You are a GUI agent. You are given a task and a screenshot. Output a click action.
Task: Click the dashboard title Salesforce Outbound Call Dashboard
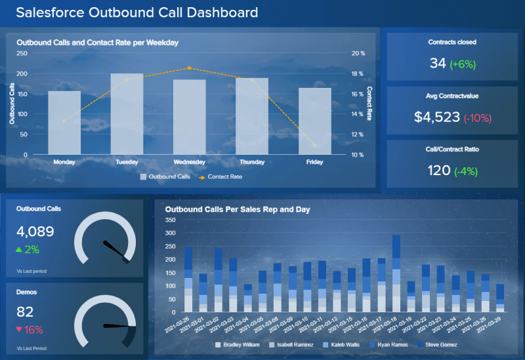click(x=136, y=12)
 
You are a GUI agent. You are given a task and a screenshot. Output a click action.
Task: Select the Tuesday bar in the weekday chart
click(x=127, y=114)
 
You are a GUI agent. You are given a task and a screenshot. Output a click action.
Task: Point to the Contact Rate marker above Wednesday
click(x=190, y=68)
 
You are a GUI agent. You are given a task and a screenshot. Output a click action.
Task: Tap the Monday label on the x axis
click(x=64, y=161)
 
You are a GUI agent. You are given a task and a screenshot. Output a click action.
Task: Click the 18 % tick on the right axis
click(x=358, y=73)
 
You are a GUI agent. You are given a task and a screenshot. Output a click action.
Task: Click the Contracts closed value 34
click(x=438, y=63)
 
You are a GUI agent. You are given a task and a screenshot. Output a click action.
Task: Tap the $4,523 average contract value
click(x=437, y=117)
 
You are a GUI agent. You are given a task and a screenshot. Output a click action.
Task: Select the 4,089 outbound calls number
click(x=35, y=231)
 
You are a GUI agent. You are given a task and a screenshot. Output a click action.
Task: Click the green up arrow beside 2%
click(x=20, y=250)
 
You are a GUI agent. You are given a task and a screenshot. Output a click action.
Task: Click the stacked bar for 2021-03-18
click(x=396, y=273)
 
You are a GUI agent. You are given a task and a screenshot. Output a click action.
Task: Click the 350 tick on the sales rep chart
click(x=171, y=220)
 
